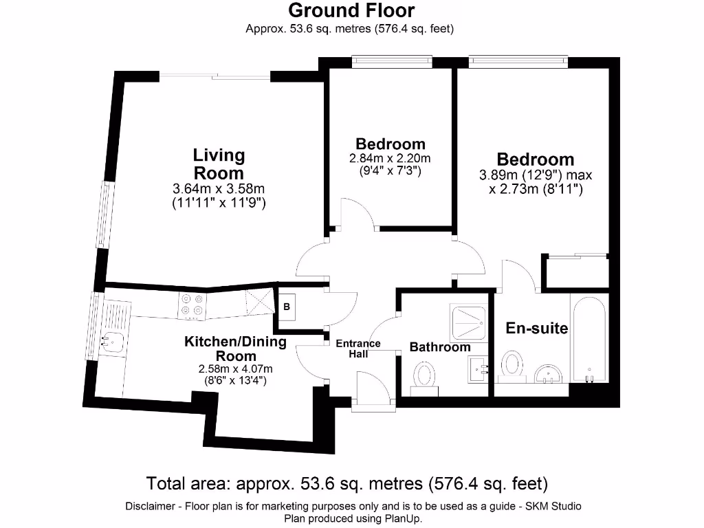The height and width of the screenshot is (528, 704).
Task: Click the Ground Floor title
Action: click(351, 10)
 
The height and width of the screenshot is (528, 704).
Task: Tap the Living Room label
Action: click(219, 164)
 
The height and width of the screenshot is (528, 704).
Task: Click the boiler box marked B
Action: click(287, 307)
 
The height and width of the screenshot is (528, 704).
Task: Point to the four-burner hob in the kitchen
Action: click(192, 305)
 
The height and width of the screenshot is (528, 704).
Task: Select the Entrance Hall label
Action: click(357, 349)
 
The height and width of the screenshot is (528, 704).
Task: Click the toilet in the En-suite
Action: click(511, 364)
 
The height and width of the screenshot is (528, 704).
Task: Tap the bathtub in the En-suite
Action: click(589, 337)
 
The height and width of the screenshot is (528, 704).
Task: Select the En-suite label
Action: click(536, 329)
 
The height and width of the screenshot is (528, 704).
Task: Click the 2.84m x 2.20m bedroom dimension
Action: click(390, 158)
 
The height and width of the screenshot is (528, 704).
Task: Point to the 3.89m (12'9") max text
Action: click(535, 175)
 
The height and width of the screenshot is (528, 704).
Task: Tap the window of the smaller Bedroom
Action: click(391, 63)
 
